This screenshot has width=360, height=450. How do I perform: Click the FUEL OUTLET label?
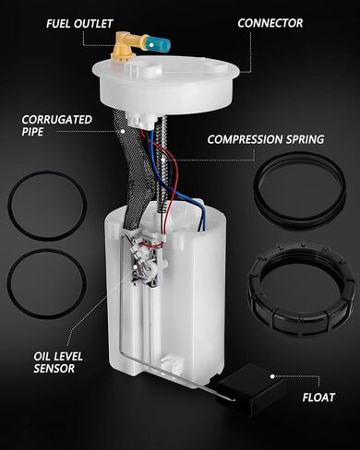tap(79, 24)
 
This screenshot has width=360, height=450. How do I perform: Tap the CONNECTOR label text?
tap(270, 23)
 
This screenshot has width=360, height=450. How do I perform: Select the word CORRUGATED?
tap(57, 120)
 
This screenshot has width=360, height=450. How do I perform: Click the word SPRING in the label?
tap(305, 139)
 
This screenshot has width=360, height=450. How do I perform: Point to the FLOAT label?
tap(318, 397)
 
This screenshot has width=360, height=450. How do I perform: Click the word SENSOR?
tap(54, 368)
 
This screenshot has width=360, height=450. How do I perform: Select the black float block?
tap(251, 389)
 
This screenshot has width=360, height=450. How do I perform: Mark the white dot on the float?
tap(272, 376)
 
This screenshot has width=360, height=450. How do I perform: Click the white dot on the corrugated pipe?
tap(123, 131)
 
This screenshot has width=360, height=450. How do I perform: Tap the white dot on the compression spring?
tap(163, 160)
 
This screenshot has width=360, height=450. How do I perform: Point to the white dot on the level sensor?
tap(135, 267)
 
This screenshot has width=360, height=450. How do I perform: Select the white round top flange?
tap(165, 83)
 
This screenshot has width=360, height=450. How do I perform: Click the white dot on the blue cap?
tap(152, 45)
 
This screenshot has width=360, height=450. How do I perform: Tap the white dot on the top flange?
tap(158, 71)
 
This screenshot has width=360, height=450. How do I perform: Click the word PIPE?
tap(32, 132)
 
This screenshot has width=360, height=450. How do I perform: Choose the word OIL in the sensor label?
tap(42, 357)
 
